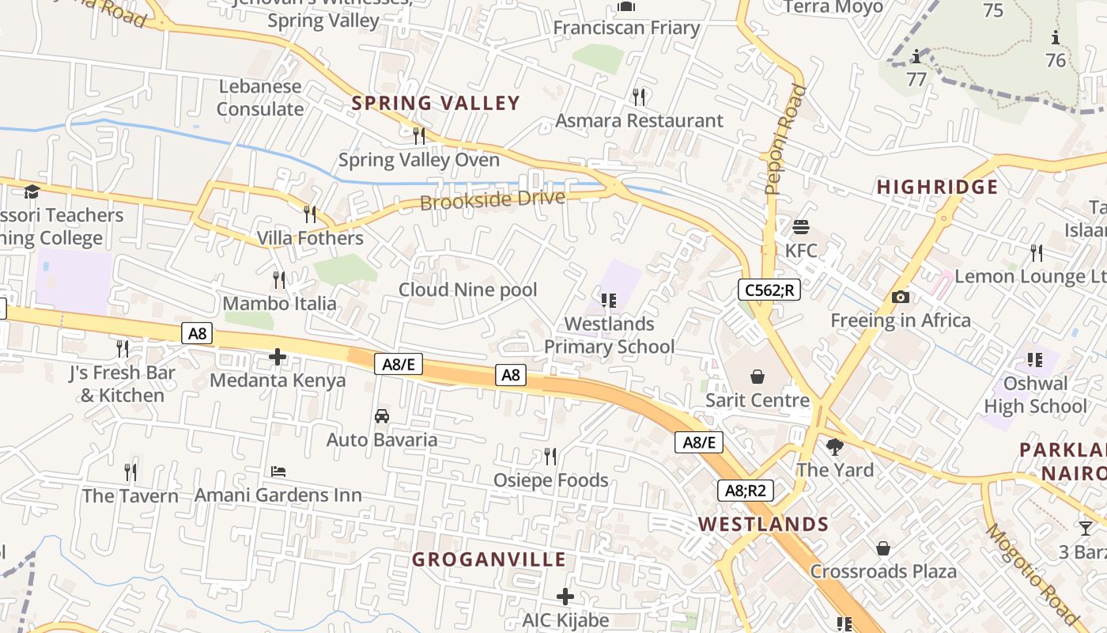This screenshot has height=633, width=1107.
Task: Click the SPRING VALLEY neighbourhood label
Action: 436,103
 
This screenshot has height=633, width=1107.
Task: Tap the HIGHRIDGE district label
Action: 937,187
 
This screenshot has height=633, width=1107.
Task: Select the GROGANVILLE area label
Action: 489,559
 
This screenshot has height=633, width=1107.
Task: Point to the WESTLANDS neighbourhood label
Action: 763,524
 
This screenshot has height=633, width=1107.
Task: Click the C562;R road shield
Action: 769,290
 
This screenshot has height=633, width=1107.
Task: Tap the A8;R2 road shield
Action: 746,491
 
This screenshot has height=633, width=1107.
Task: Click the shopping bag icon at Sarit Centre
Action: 758,376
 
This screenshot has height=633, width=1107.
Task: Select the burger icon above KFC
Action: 801,227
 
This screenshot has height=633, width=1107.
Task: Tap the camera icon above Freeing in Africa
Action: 900,297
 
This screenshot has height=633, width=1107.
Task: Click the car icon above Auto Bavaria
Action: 381,415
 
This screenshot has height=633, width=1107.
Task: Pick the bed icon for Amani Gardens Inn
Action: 278,472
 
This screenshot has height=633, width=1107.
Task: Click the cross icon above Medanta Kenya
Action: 278,357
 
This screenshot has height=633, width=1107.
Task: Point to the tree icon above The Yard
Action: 834,446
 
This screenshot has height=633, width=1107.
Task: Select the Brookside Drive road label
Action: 493,199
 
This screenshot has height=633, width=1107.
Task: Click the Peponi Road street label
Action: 784,140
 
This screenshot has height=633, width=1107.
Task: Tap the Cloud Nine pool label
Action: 467,290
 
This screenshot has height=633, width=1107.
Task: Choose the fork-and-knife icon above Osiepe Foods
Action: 550,456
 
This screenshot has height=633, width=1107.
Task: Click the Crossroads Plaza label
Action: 882,571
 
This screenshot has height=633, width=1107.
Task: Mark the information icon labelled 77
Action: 916,57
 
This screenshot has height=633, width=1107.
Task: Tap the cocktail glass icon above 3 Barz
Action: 1086,528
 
